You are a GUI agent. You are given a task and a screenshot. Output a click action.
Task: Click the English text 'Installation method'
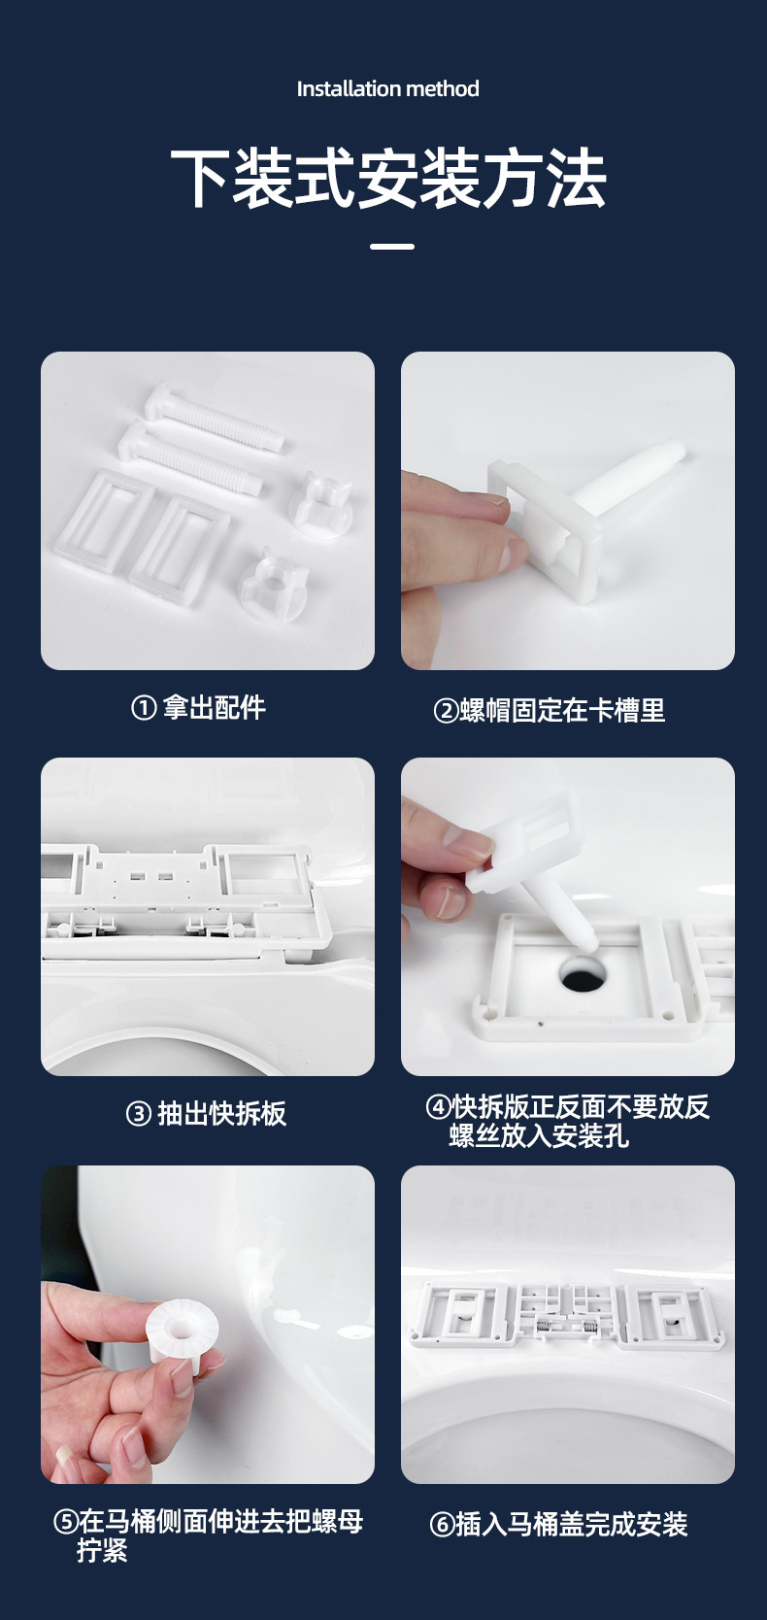click(387, 89)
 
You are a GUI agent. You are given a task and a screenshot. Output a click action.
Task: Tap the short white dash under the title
click(392, 247)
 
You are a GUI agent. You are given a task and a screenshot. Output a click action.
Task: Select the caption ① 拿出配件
click(198, 707)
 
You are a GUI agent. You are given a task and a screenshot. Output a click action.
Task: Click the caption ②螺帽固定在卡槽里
click(549, 710)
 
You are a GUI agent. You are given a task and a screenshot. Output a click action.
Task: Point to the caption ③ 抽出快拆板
click(206, 1113)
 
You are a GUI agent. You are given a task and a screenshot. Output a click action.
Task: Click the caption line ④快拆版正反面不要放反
click(567, 1106)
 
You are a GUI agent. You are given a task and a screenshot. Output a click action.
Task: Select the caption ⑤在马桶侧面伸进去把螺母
click(208, 1521)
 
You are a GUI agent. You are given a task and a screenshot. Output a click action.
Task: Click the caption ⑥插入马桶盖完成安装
click(558, 1524)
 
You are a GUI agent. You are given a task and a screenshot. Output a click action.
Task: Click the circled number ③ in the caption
click(138, 1114)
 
